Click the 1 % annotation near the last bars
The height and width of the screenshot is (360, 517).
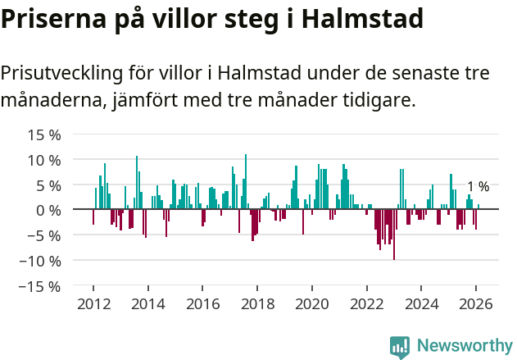[x=478, y=187]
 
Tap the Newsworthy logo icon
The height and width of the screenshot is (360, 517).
[x=400, y=346]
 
